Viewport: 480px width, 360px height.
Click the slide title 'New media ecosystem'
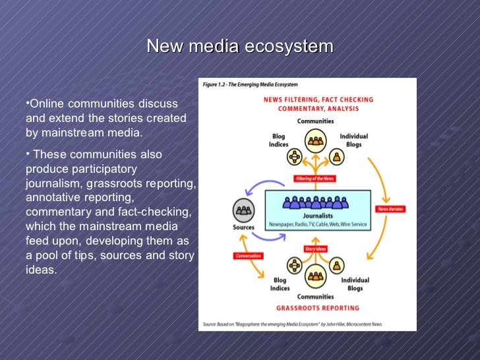point(240,47)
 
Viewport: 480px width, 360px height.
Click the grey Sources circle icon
point(243,210)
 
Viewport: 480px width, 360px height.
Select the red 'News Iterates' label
point(390,209)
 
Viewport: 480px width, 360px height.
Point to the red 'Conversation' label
point(248,256)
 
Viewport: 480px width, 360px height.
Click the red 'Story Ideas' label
point(316,249)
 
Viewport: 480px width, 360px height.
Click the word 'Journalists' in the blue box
point(318,216)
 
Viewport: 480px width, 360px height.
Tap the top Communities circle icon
point(316,140)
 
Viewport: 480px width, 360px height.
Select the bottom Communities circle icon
point(316,274)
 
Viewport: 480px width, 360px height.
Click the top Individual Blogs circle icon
point(338,157)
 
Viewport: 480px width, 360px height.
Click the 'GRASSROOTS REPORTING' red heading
point(318,308)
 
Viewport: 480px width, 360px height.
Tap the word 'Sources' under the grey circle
point(243,228)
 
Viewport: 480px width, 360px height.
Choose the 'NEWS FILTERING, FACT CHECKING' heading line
point(318,100)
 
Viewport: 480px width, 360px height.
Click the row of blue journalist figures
point(318,202)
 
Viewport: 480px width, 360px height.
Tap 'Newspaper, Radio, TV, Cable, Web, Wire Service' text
point(318,225)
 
